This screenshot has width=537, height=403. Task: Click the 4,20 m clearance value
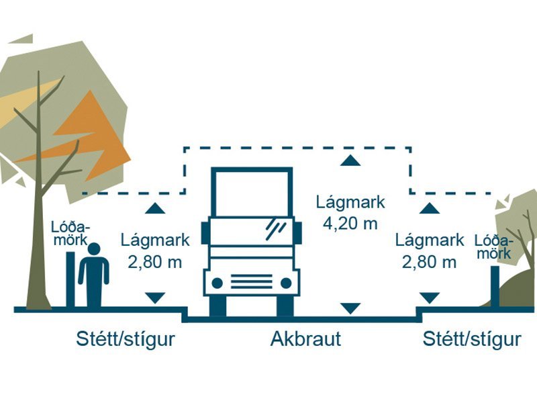tap(350, 224)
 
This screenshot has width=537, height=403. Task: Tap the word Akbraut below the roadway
tap(305, 339)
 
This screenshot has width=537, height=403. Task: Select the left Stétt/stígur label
tap(126, 339)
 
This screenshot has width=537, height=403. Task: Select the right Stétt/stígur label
tap(472, 339)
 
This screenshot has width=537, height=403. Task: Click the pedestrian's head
tap(93, 250)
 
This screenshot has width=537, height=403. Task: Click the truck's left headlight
tap(217, 283)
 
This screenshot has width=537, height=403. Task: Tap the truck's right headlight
tap(287, 283)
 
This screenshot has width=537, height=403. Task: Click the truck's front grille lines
tap(252, 281)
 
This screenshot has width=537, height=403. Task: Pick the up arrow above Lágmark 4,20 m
tap(350, 160)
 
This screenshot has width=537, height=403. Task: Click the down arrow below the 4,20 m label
tap(350, 308)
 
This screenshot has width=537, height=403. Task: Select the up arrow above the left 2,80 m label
tap(155, 208)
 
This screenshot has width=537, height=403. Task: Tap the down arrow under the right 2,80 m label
tap(430, 298)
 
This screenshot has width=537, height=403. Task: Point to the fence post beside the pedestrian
tap(70, 279)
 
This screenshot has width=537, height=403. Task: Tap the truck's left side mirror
tap(205, 232)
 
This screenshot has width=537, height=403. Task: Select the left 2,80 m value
tap(155, 262)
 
